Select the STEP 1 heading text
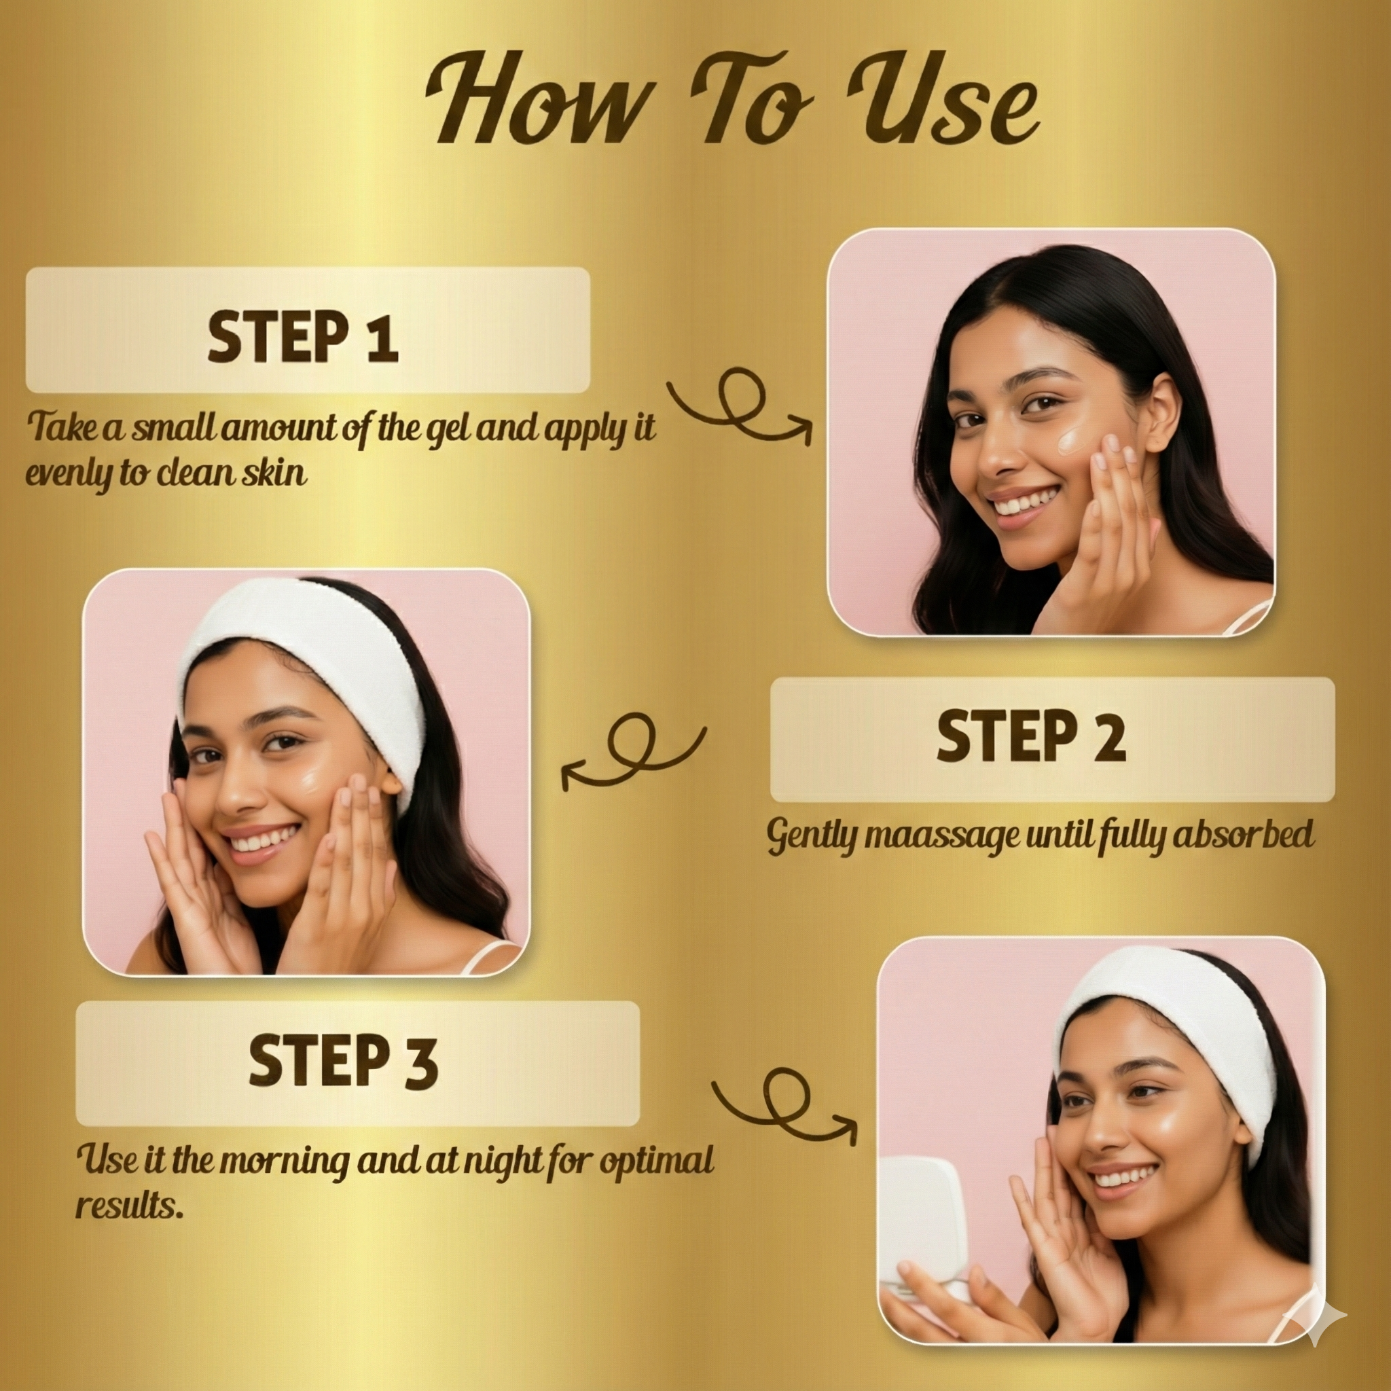click(x=302, y=336)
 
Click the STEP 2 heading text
click(x=1031, y=735)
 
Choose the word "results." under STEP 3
click(x=129, y=1204)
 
